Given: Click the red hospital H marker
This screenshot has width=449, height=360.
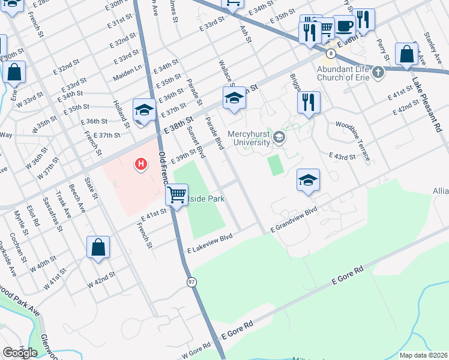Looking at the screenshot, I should (141, 163).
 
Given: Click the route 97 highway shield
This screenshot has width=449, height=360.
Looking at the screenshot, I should (191, 282).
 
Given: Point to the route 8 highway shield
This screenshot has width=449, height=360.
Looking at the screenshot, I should (331, 53).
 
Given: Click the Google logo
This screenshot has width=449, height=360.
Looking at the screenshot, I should (20, 353).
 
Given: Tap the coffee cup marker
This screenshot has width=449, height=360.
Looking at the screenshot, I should (344, 26).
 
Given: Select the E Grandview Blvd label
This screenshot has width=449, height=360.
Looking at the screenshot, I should (294, 221).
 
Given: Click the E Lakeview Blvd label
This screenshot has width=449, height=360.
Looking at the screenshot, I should (209, 244).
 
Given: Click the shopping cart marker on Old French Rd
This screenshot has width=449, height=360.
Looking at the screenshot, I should (176, 194).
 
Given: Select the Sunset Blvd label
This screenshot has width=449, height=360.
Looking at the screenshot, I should (196, 142).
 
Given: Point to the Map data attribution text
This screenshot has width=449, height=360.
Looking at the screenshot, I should (424, 355).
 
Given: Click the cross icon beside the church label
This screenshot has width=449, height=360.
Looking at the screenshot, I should (378, 73).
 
